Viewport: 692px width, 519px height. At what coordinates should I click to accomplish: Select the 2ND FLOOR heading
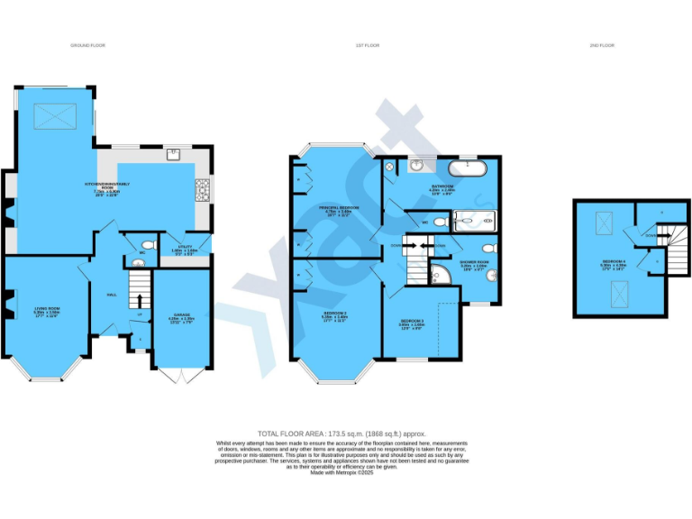tap(604, 44)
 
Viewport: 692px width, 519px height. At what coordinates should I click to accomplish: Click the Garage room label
tap(181, 320)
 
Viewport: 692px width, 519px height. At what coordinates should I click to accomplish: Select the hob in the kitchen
tap(202, 190)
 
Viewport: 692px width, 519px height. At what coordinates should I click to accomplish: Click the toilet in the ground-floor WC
tap(150, 244)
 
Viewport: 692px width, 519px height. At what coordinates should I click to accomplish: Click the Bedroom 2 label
tap(336, 315)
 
